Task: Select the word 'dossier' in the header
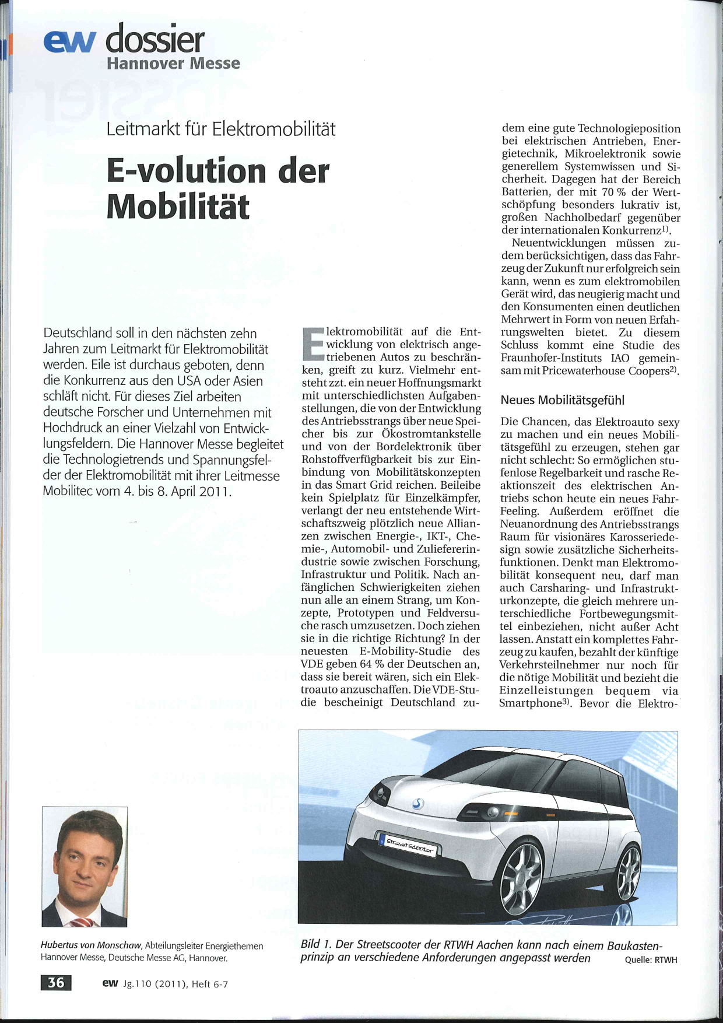pos(155,39)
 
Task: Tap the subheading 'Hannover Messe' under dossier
pos(173,64)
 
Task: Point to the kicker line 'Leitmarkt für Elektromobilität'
pos(221,129)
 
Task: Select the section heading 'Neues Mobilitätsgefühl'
pos(562,400)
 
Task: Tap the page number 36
pos(56,983)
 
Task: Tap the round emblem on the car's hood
pos(417,804)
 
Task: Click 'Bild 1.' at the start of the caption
pos(316,945)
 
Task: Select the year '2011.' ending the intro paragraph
pos(215,491)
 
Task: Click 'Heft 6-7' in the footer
pos(209,984)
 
